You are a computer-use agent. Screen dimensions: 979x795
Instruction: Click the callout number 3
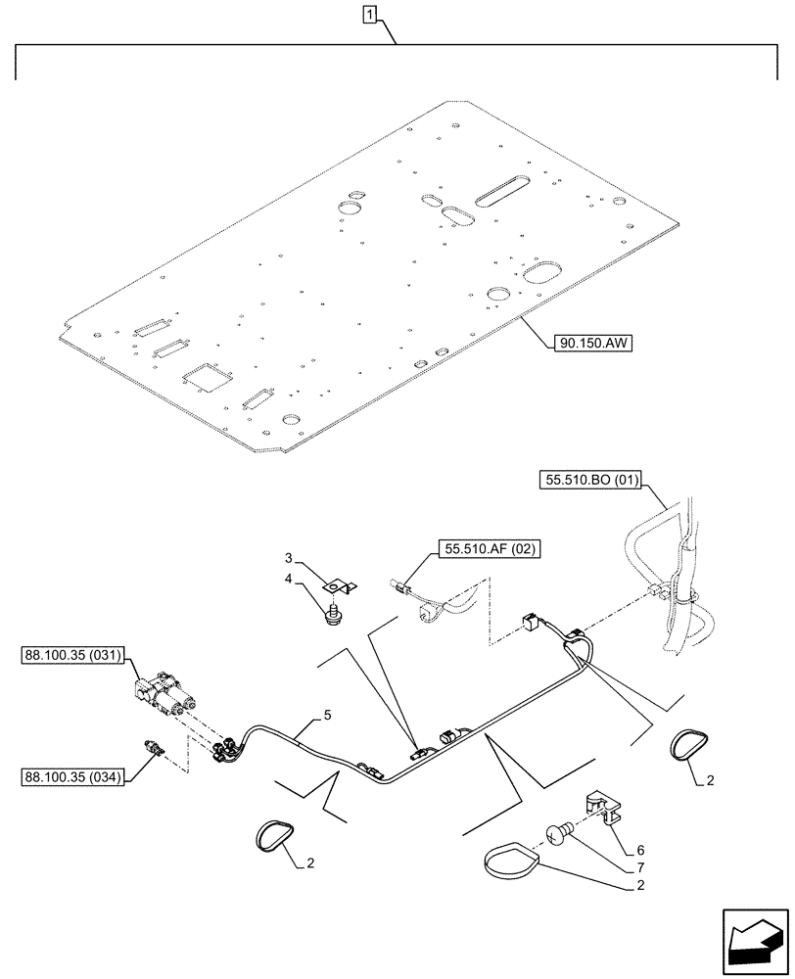(289, 557)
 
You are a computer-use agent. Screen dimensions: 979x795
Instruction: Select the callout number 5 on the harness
(313, 716)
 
